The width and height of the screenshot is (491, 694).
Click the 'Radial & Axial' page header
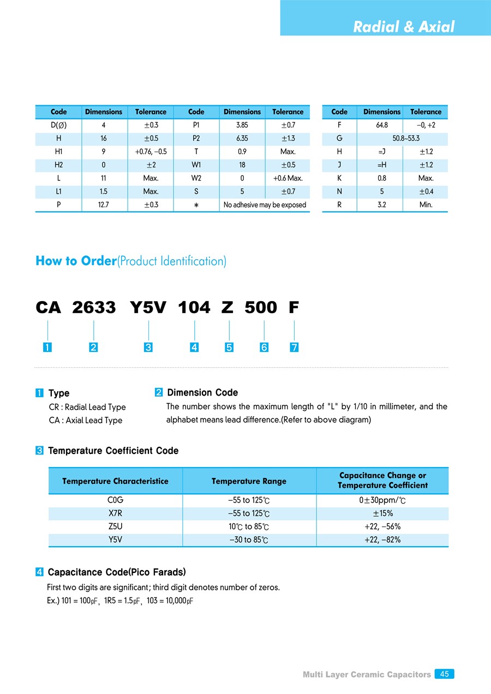403,27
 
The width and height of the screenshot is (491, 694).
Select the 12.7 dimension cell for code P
104,205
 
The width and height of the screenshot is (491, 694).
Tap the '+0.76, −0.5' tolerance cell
151,152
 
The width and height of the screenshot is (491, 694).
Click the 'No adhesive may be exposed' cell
265,205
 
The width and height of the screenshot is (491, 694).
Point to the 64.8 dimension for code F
382,125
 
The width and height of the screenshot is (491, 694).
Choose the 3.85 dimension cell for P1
242,125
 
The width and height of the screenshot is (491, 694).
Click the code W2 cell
196,178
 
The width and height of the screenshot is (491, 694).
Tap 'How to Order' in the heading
76,261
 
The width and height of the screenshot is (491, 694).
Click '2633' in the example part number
94,308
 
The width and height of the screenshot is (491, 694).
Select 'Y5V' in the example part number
148,308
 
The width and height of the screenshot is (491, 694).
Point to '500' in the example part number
261,308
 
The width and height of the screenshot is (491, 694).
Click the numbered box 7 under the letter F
294,348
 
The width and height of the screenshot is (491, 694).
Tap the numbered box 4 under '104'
194,348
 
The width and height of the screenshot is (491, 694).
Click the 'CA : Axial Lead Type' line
85,420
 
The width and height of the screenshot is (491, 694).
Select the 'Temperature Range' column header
249,481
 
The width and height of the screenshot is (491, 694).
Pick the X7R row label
115,513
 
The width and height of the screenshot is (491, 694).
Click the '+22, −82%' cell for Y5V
382,540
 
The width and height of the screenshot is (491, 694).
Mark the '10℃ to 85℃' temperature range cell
249,527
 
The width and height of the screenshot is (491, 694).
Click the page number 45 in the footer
445,674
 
